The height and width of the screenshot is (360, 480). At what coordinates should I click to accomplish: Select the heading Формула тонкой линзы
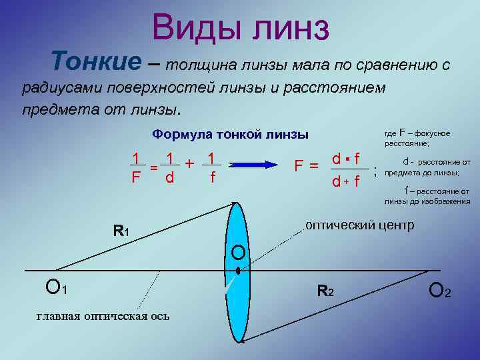tap(230, 134)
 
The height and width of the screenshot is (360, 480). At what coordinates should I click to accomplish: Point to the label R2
tap(325, 291)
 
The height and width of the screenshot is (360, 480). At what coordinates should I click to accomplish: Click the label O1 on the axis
tap(55, 288)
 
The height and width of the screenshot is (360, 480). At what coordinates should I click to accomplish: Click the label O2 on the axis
tap(440, 290)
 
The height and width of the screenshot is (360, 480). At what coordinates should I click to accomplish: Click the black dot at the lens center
tap(237, 271)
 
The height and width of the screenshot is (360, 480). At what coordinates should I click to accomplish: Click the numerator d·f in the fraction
tap(347, 159)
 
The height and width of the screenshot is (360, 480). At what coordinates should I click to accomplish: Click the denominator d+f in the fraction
tap(347, 181)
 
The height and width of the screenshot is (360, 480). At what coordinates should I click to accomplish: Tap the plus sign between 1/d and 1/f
tap(189, 163)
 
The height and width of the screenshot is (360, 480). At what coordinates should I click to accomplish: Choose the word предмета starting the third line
tap(51, 108)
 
